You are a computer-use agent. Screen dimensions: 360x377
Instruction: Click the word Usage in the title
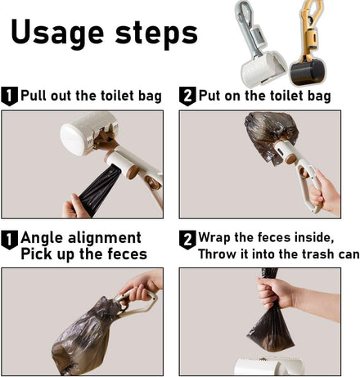(57, 32)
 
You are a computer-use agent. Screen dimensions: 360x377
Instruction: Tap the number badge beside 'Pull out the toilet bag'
(9, 96)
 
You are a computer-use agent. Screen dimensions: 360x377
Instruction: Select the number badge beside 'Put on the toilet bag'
(187, 96)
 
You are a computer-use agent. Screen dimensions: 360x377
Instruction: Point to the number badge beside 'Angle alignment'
(9, 240)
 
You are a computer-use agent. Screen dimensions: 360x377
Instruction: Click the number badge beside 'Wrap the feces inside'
(187, 240)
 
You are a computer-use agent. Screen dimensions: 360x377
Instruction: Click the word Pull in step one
(34, 96)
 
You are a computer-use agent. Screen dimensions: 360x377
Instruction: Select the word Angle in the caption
(42, 238)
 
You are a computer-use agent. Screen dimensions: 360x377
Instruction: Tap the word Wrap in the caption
(214, 238)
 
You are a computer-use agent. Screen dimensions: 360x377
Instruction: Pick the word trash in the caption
(317, 254)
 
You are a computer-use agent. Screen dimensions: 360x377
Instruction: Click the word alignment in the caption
(105, 237)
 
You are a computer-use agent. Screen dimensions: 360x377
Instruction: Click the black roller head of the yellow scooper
(307, 72)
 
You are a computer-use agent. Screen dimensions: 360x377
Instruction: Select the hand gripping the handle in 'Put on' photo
(325, 192)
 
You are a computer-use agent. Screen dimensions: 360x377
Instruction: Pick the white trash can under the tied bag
(269, 366)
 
